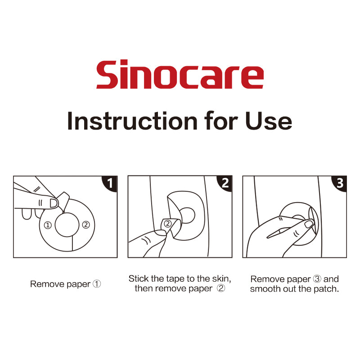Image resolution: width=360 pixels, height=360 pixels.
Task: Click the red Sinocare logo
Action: pos(180,74)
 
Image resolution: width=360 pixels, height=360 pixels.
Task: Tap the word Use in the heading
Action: pos(268,121)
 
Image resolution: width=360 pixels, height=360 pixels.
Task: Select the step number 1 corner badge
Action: pos(110,184)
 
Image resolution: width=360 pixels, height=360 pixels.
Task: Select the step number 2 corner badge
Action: pos(225,183)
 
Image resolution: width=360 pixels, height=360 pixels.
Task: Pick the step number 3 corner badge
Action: pos(340,183)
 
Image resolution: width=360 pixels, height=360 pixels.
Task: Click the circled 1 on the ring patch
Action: pos(48,225)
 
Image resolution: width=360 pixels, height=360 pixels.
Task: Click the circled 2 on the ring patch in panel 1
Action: pos(86,225)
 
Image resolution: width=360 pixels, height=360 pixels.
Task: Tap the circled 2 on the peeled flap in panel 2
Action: pos(168,223)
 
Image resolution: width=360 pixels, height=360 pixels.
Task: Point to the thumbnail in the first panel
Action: pos(54,203)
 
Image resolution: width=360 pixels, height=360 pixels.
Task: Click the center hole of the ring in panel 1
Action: pos(67,225)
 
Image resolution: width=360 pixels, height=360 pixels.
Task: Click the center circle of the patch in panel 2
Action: pos(187,216)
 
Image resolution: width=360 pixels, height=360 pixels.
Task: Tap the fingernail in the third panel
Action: pos(309,224)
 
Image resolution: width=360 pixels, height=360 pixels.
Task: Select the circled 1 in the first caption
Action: pos(97,284)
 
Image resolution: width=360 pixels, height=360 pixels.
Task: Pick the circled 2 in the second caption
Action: pos(221,288)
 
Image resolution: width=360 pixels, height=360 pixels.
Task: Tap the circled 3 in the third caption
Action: pos(317,279)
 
